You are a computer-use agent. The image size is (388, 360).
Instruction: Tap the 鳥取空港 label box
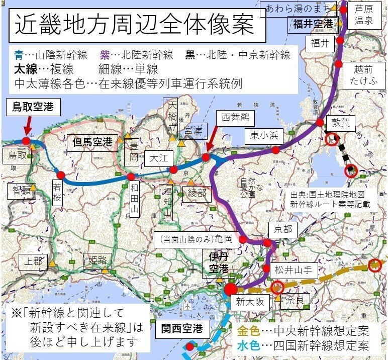click(33, 107)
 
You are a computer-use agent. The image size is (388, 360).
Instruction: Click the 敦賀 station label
click(343, 122)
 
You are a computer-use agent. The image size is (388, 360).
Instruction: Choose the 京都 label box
click(282, 230)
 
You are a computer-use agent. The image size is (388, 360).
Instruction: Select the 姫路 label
click(96, 260)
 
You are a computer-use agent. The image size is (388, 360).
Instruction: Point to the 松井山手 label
click(293, 269)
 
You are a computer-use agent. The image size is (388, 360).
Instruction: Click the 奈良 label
click(295, 302)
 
